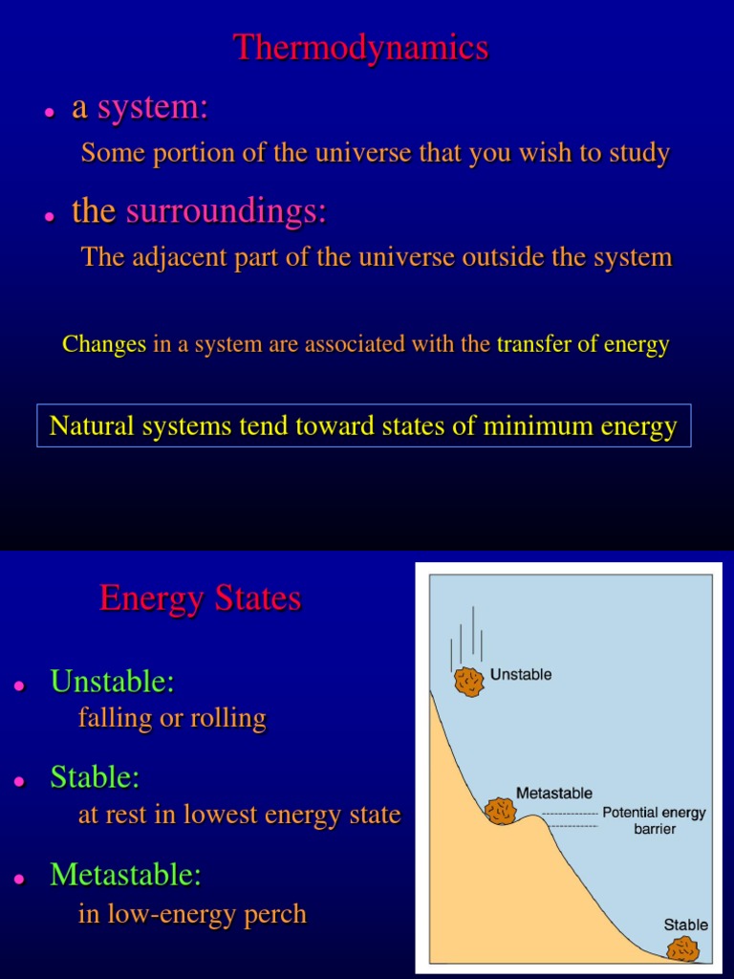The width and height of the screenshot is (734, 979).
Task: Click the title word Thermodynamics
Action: (x=361, y=48)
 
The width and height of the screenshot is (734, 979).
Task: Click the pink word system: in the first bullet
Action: (x=153, y=108)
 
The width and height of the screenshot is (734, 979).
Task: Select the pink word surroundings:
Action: (x=226, y=211)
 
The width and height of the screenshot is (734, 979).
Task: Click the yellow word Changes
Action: (x=104, y=344)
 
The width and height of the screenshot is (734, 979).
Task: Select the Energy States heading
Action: (x=200, y=598)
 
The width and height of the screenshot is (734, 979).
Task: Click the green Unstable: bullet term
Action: (x=112, y=682)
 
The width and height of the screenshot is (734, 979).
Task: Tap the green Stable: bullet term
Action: (x=95, y=777)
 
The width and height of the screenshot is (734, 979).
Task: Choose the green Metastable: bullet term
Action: (x=125, y=874)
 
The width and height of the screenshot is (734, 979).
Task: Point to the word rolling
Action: (x=230, y=718)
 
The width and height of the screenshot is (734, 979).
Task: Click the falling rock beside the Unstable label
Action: (x=469, y=681)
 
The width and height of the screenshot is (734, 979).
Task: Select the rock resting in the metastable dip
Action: (x=501, y=811)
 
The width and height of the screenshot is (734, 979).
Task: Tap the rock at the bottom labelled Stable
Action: (x=682, y=948)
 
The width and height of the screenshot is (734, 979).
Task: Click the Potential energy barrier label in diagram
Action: (x=654, y=820)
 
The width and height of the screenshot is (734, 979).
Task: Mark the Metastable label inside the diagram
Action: (x=554, y=793)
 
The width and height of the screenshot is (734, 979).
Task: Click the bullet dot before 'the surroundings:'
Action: (x=48, y=216)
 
